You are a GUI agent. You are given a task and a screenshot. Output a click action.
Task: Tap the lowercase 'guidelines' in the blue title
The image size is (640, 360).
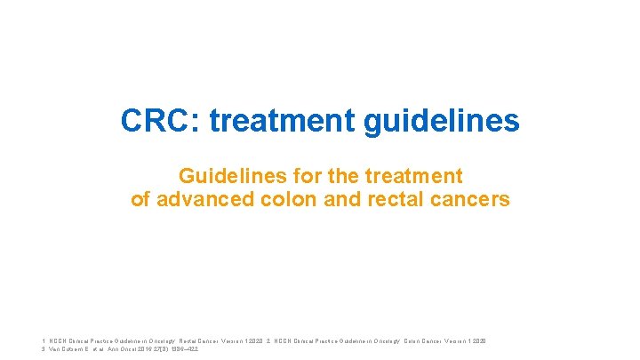point(440,122)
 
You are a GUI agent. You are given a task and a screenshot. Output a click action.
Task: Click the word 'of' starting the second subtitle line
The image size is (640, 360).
point(140,199)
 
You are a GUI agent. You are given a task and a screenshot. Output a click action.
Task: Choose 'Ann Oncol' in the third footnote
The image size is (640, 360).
point(120,349)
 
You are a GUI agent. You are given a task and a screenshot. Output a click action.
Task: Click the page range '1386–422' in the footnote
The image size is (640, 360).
point(180,349)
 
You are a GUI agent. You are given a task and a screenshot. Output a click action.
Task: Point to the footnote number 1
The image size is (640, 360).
point(44,340)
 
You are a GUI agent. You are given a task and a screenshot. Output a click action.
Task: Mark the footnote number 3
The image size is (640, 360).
point(44,349)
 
